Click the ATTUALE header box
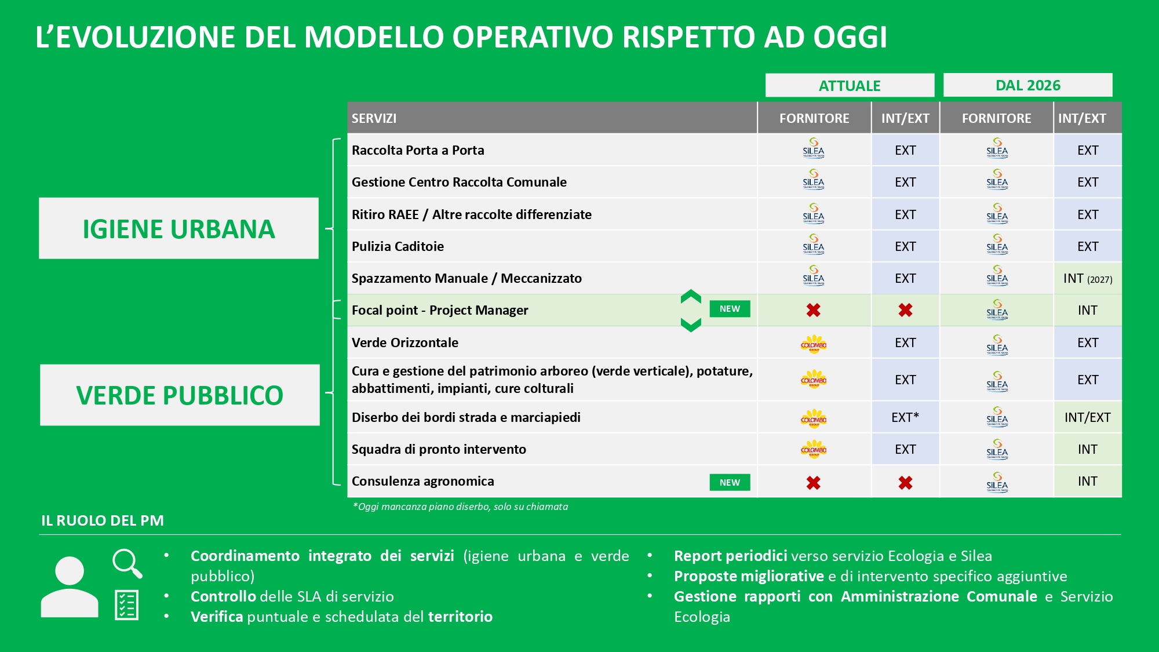[x=850, y=85]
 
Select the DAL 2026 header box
[x=1027, y=85]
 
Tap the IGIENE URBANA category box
[x=178, y=228]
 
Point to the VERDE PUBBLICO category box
[x=180, y=395]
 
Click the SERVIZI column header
[x=374, y=118]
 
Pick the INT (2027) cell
[x=1088, y=279]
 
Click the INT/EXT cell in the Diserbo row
[x=1088, y=417]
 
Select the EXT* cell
[x=905, y=417]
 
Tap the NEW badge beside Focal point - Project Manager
[x=730, y=309]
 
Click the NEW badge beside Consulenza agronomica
[x=730, y=482]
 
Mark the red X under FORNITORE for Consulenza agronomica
[x=814, y=483]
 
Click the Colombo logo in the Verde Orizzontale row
[x=814, y=344]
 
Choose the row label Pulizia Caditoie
[x=398, y=246]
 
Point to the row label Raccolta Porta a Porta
[x=418, y=150]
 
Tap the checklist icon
[x=126, y=605]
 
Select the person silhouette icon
[x=70, y=587]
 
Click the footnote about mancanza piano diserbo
[x=461, y=507]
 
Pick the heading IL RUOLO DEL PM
[x=103, y=520]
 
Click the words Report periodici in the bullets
[x=730, y=556]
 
